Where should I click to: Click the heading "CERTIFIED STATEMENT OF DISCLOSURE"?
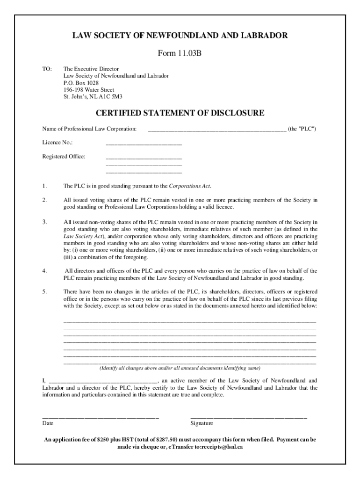tap(180, 113)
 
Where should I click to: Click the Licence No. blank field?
tap(144, 144)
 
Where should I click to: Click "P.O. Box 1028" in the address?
tap(81, 83)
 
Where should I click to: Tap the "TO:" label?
tap(47, 69)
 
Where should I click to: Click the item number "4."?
tap(44, 271)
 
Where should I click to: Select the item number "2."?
tap(44, 200)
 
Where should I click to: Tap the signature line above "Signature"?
tap(248, 416)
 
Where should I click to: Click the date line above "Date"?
tap(101, 416)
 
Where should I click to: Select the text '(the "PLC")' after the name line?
tap(302, 129)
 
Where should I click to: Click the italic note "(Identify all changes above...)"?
tap(180, 368)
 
